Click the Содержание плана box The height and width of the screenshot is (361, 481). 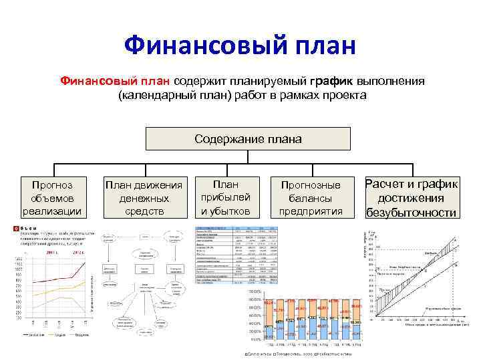pos(248,139)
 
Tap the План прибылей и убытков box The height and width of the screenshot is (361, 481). pos(226,197)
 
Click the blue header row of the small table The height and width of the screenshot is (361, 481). pos(236,230)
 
